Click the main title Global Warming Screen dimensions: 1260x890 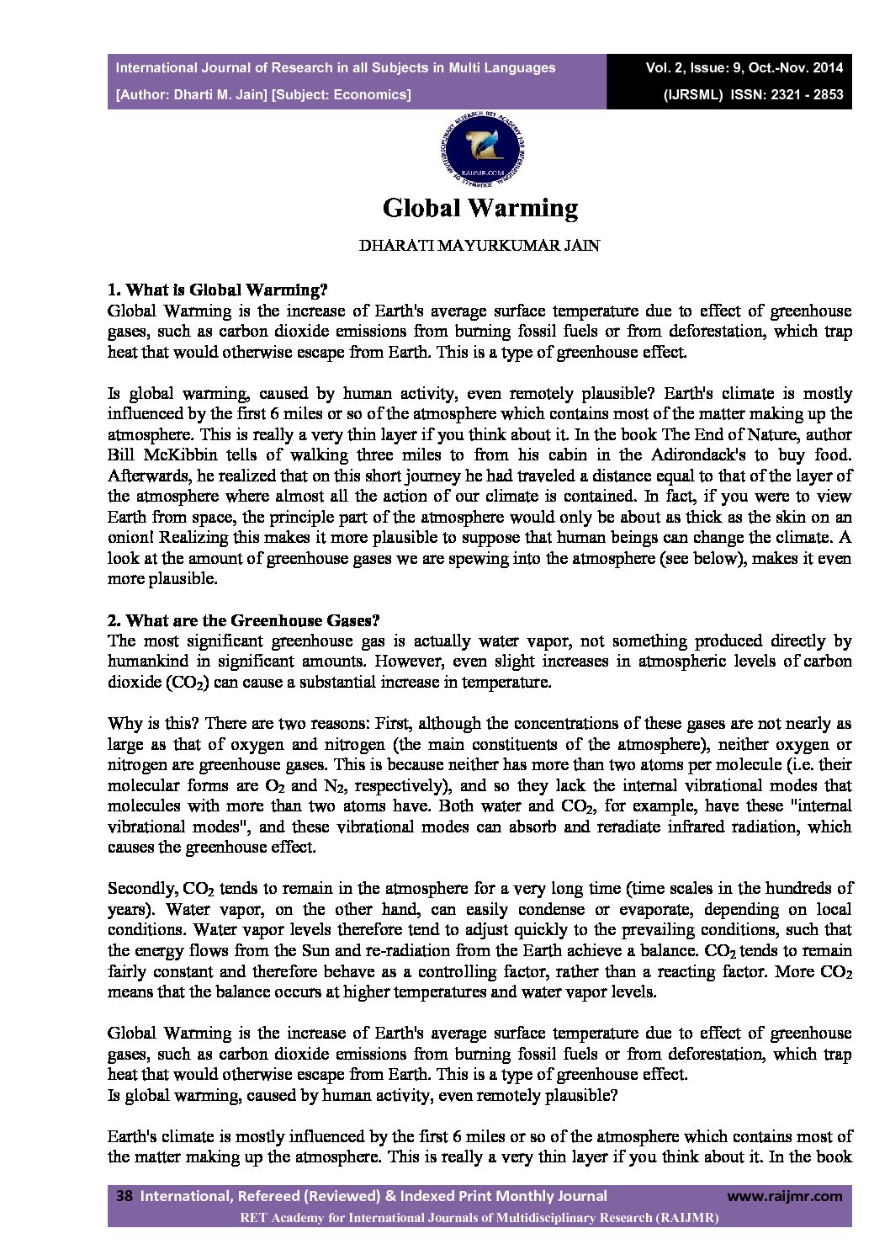click(480, 208)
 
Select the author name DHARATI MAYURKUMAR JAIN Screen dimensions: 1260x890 click(479, 247)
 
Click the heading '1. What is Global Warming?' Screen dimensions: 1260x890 click(217, 290)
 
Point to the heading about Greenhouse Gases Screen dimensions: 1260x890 click(244, 620)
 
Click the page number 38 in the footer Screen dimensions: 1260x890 click(124, 1196)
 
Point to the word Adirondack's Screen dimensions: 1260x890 click(705, 455)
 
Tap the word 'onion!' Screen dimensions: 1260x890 click(130, 538)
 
